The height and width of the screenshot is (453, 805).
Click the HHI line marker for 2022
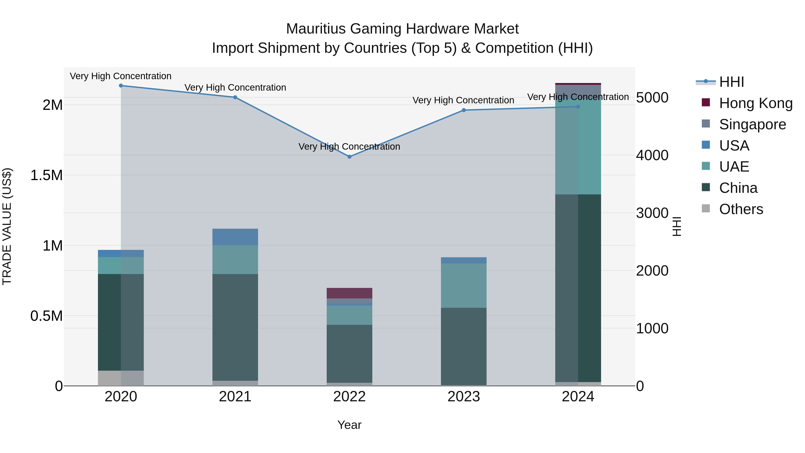tap(349, 157)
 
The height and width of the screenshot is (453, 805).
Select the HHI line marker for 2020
tap(121, 86)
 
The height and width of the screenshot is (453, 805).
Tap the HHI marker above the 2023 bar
tap(464, 110)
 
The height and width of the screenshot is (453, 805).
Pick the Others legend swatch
tap(706, 208)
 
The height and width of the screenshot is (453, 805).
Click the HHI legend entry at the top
tap(731, 82)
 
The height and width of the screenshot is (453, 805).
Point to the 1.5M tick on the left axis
tap(46, 175)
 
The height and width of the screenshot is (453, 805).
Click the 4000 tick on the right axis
tap(652, 155)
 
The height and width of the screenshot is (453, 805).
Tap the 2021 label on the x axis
tap(235, 397)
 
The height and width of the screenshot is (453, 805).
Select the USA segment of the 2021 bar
tap(235, 237)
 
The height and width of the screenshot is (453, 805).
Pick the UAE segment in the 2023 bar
tap(464, 285)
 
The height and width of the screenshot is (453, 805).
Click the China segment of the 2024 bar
tap(578, 288)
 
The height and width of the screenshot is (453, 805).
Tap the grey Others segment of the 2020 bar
tap(121, 378)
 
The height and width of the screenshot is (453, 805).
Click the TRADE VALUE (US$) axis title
tap(7, 226)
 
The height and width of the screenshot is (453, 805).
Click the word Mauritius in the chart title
tap(316, 29)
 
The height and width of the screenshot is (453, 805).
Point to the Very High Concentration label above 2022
tap(349, 147)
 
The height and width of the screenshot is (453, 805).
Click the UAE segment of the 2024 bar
tap(578, 147)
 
